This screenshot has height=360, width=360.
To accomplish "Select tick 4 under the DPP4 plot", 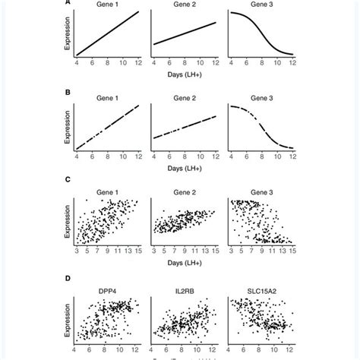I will pyautogui.click(x=76, y=351).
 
